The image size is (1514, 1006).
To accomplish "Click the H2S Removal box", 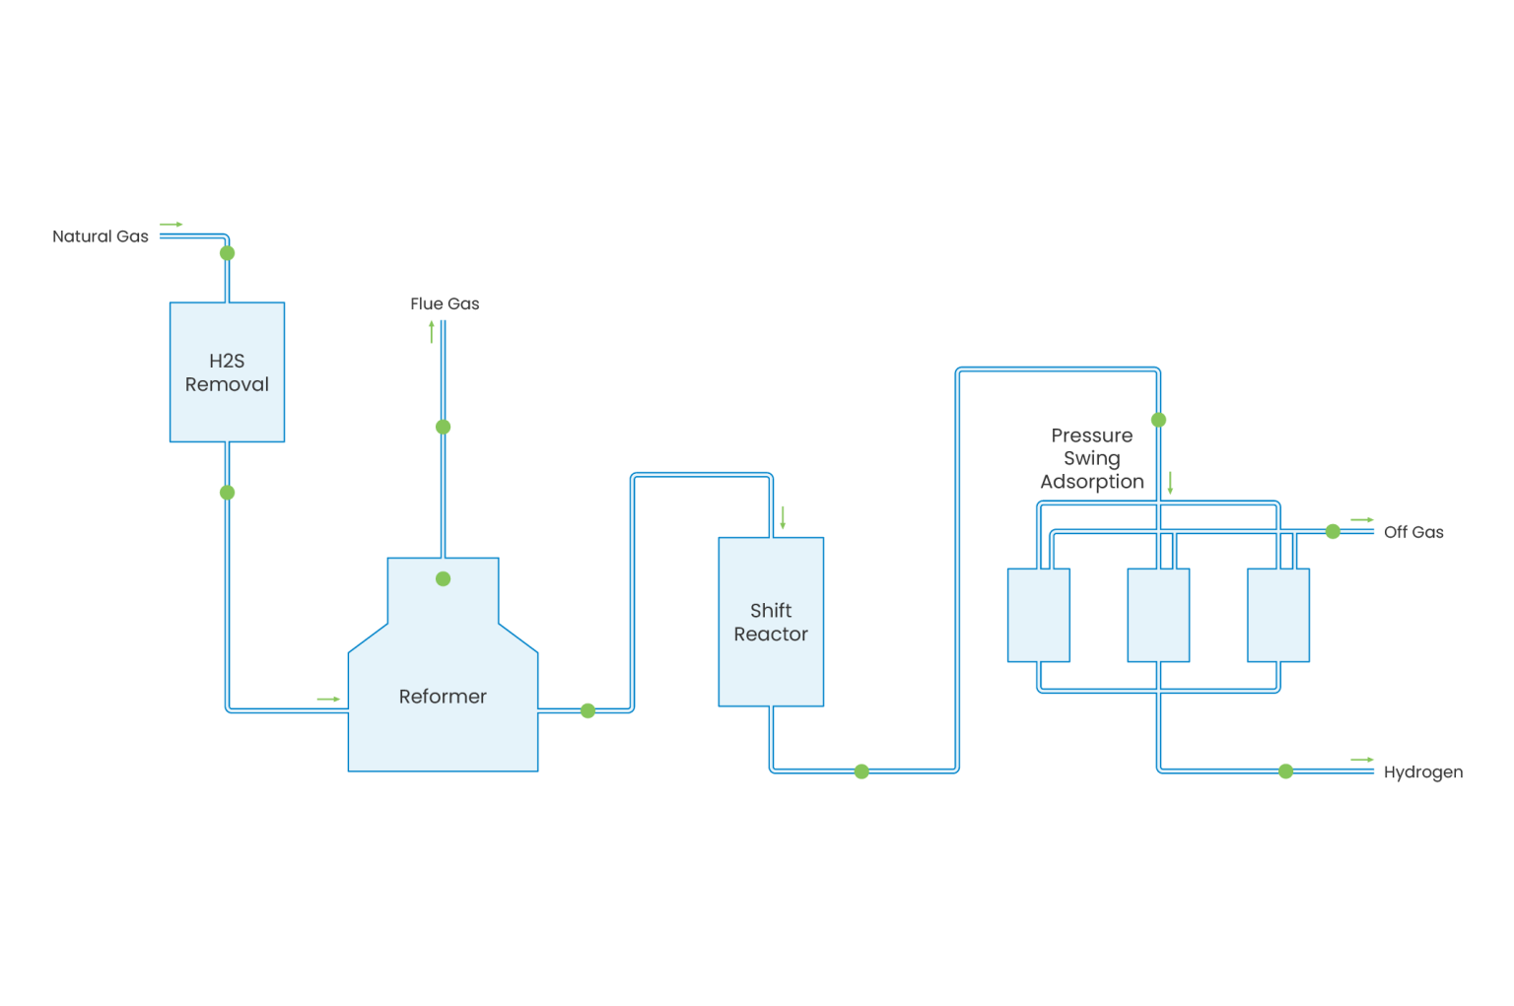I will [227, 372].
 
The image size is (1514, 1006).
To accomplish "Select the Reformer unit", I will [443, 696].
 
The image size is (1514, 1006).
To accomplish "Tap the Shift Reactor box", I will [771, 622].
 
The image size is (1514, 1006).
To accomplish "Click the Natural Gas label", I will [100, 236].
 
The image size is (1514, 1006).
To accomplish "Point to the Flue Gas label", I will [445, 303].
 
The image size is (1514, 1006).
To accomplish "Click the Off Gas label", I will [1413, 532].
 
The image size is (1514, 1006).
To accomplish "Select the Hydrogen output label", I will [1423, 772].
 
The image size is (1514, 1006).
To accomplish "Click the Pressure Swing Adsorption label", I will [1092, 458].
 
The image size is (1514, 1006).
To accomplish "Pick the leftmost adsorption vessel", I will [1039, 615].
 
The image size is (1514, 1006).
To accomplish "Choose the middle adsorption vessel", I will [1158, 615].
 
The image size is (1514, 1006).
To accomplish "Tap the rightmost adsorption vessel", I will [1278, 615].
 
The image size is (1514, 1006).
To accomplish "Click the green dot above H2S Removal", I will [227, 253].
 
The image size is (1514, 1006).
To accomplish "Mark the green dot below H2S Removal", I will [227, 493].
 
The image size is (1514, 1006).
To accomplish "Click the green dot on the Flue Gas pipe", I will [443, 427].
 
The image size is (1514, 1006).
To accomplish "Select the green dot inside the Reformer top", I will [443, 579].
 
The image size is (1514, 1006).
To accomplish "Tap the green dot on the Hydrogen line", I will [1285, 771].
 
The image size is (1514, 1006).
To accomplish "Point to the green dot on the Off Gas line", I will [1333, 532].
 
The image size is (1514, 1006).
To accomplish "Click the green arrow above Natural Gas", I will [172, 225].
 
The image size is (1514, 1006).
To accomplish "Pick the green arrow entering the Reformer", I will [328, 700].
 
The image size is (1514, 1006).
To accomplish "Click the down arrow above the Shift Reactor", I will [783, 518].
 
